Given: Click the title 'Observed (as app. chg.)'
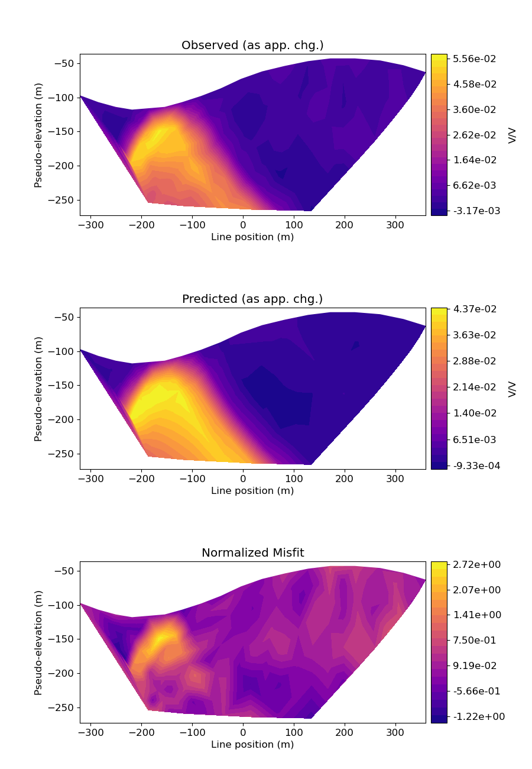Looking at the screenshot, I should click(252, 46).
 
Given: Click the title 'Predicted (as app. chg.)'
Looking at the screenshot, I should click(252, 299).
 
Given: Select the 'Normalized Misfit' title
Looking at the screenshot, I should click(252, 552).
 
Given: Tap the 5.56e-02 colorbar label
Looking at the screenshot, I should click(474, 59).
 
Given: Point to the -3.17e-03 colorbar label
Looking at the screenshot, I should click(474, 211).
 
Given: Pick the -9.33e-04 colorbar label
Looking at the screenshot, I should click(474, 466).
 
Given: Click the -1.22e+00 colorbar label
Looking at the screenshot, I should click(474, 716).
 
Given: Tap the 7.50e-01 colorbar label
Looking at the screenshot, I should click(474, 640).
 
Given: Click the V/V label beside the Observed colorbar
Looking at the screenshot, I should click(512, 135).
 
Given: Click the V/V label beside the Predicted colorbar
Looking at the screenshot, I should click(512, 389).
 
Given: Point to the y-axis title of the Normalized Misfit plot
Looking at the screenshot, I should click(38, 642).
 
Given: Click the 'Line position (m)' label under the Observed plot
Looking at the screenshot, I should click(252, 237).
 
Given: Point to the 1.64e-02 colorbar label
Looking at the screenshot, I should click(474, 160).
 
